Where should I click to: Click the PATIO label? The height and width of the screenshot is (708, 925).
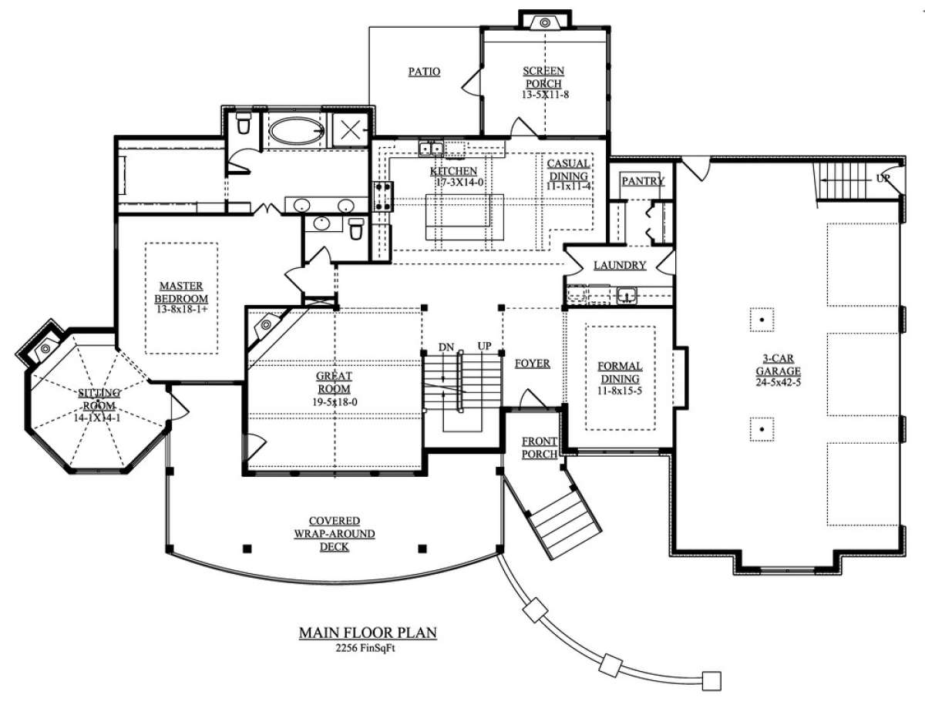pyautogui.click(x=423, y=72)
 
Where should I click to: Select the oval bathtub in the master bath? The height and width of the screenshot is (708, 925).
pyautogui.click(x=294, y=129)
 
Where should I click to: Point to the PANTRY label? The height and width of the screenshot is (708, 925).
pyautogui.click(x=642, y=181)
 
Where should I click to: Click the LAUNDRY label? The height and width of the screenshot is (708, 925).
pyautogui.click(x=619, y=265)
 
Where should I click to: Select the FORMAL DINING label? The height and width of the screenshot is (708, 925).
pyautogui.click(x=621, y=373)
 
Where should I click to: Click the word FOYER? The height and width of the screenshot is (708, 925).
pyautogui.click(x=532, y=364)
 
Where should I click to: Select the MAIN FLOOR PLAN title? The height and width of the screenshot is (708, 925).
pyautogui.click(x=368, y=633)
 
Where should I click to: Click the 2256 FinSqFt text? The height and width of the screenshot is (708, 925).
pyautogui.click(x=368, y=648)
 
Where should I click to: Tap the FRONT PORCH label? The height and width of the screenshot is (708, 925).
pyautogui.click(x=540, y=448)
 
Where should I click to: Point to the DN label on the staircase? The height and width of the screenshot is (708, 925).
pyautogui.click(x=446, y=347)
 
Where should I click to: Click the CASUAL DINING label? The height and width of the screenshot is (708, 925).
pyautogui.click(x=569, y=169)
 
